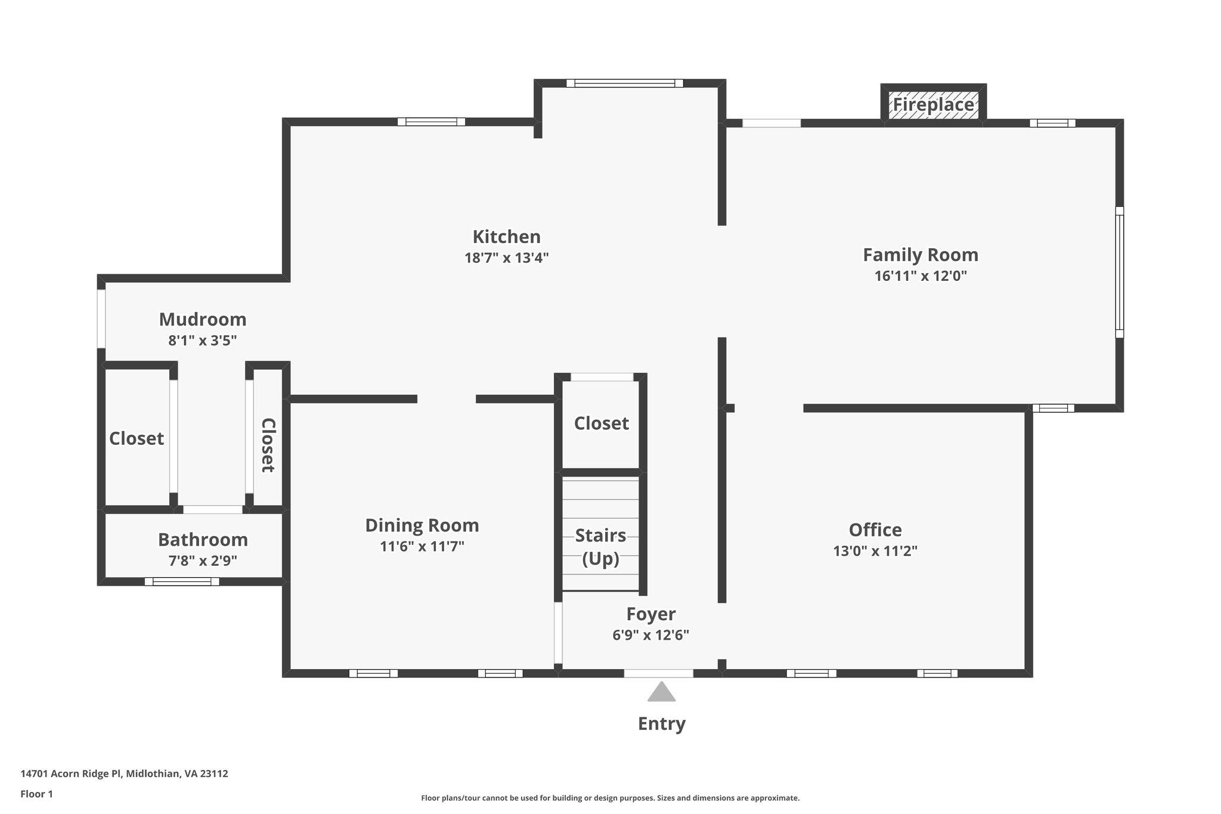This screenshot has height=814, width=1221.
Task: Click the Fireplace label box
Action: click(933, 105)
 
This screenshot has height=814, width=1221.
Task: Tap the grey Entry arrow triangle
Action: click(661, 692)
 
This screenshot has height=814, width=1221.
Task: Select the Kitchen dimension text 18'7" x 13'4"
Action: click(506, 258)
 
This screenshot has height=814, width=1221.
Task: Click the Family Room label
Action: click(921, 255)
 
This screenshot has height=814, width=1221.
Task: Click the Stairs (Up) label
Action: click(600, 547)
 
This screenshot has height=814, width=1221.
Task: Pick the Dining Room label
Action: click(422, 525)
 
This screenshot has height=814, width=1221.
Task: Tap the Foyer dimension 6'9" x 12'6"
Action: click(650, 635)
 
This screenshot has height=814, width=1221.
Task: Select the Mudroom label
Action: click(203, 320)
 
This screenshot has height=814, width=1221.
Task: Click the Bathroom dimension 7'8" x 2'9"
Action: click(203, 561)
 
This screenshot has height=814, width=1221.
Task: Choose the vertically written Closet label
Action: click(268, 445)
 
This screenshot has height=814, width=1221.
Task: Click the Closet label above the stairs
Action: click(601, 423)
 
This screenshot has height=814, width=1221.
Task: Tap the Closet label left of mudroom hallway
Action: click(137, 439)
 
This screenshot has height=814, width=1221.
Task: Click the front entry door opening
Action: click(658, 673)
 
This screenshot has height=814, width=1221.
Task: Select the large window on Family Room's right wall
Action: click(1119, 272)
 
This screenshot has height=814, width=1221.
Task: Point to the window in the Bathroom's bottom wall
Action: click(182, 581)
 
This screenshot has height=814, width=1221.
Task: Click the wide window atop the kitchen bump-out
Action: click(624, 83)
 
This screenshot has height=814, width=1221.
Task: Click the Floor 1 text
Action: click(37, 794)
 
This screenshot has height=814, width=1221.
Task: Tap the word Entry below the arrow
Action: click(661, 724)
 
